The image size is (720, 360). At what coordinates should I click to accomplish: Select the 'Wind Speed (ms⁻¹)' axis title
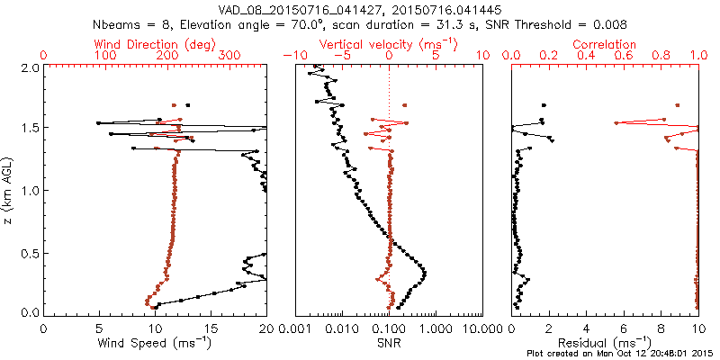tap(155, 343)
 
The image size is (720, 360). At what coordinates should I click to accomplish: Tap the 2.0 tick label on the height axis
tap(30, 67)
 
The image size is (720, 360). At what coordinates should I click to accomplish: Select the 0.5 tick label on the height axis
tap(30, 252)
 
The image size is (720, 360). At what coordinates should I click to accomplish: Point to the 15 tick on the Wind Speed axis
tap(211, 328)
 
